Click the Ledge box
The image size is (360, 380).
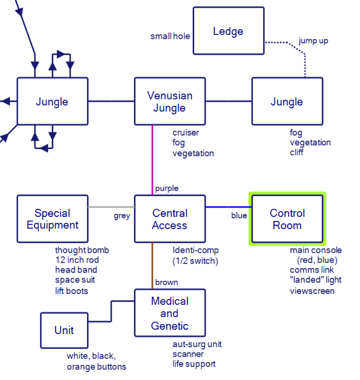pyautogui.click(x=228, y=31)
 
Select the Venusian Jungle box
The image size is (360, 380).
pyautogui.click(x=170, y=101)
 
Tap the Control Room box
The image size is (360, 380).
pyautogui.click(x=287, y=219)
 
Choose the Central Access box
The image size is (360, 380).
pyautogui.click(x=170, y=219)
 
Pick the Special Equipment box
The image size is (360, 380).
pyautogui.click(x=53, y=219)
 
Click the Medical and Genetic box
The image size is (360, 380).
pyautogui.click(x=170, y=313)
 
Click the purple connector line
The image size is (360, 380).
pyautogui.click(x=152, y=160)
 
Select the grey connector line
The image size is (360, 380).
pyautogui.click(x=111, y=207)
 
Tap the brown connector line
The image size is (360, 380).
pyautogui.click(x=152, y=266)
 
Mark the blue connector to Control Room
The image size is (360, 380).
pyautogui.click(x=228, y=207)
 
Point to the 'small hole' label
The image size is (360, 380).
pyautogui.click(x=170, y=36)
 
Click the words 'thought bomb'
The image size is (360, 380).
pyautogui.click(x=82, y=250)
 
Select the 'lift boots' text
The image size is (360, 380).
pyautogui.click(x=72, y=291)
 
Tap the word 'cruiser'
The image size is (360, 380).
pyautogui.click(x=186, y=132)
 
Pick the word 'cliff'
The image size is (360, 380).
pyautogui.click(x=296, y=152)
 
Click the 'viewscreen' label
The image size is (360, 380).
pyautogui.click(x=312, y=291)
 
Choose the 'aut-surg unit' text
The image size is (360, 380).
pyautogui.click(x=197, y=344)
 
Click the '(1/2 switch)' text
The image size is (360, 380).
pyautogui.click(x=195, y=261)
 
